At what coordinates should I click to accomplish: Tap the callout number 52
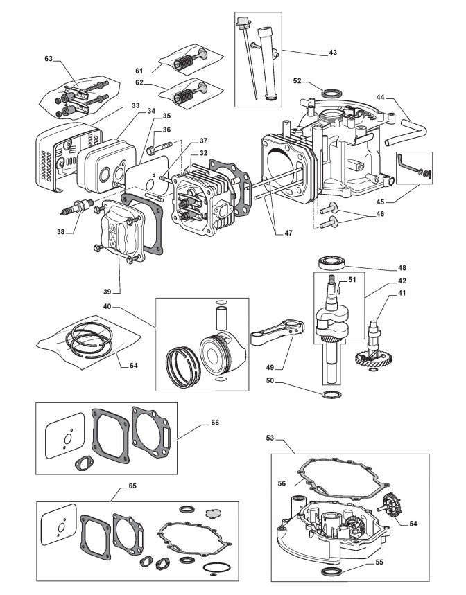point(299,80)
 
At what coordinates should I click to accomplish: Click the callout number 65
point(132,486)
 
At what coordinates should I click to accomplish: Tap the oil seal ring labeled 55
point(332,571)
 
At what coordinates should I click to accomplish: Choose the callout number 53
point(270,438)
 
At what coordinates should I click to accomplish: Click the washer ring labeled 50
point(331,395)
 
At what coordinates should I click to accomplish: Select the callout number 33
point(135,106)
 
